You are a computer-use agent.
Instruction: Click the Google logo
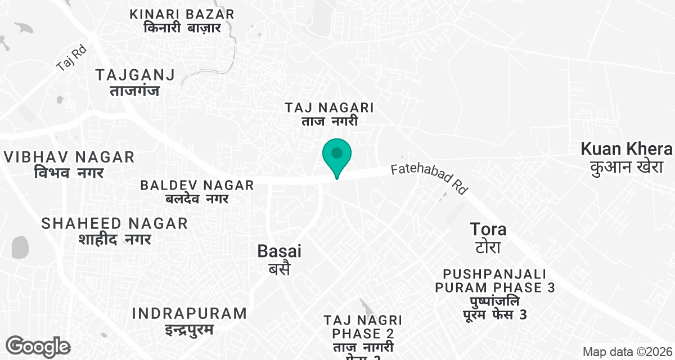(x=38, y=346)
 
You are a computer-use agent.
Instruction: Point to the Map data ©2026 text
(x=627, y=352)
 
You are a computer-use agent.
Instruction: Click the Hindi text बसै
(x=279, y=268)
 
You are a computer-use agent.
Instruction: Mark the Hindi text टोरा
(x=488, y=247)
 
